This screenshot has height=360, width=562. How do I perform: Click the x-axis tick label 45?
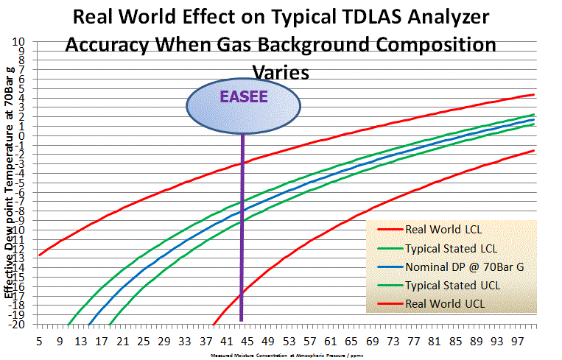pos(247,342)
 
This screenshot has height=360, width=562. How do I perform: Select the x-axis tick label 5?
pos(39,342)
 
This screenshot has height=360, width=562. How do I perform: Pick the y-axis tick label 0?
pos(23,135)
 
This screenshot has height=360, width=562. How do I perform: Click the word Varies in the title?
pos(281,71)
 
